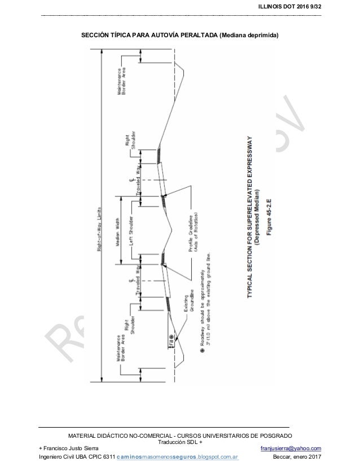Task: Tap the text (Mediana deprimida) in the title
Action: click(248, 35)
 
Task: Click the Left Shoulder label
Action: click(130, 229)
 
